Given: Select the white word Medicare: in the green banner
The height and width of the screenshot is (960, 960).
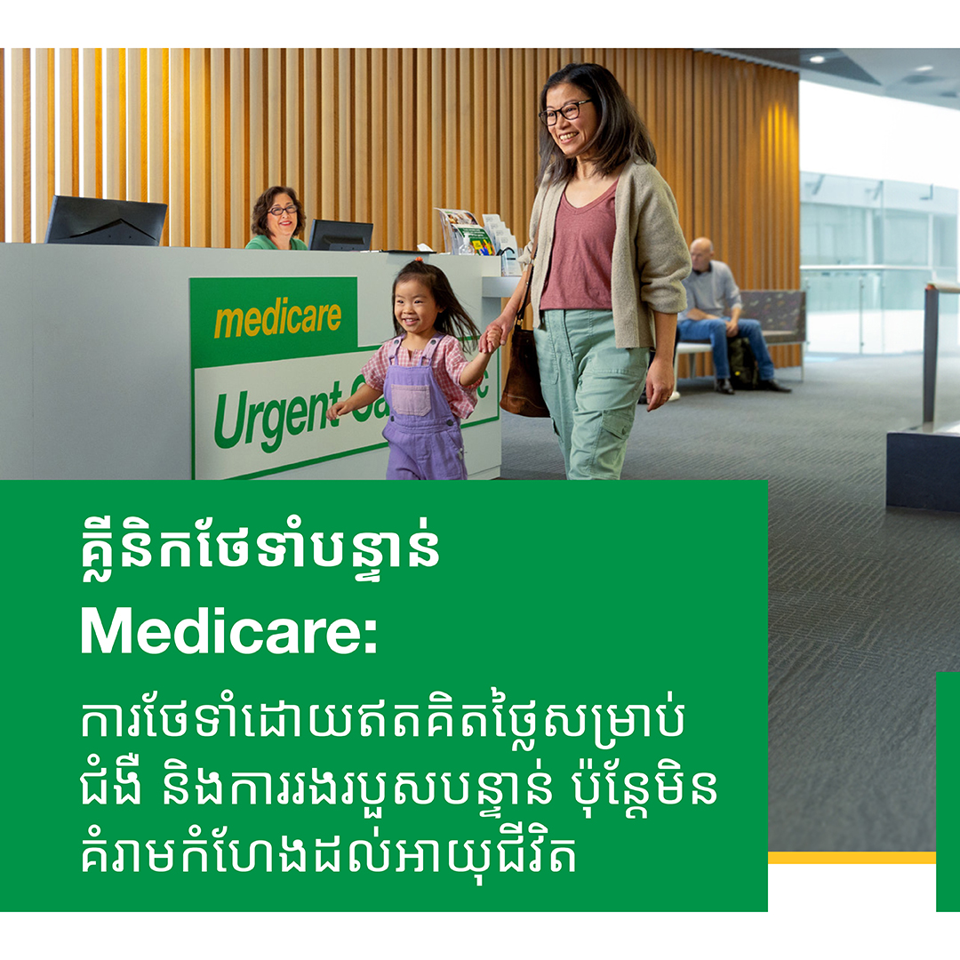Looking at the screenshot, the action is pyautogui.click(x=229, y=632).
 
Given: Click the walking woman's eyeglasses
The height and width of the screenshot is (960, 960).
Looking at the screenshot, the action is pyautogui.click(x=565, y=111).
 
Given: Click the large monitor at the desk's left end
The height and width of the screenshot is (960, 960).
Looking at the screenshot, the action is pyautogui.click(x=105, y=220).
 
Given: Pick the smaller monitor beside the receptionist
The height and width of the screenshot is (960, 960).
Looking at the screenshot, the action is pyautogui.click(x=340, y=235).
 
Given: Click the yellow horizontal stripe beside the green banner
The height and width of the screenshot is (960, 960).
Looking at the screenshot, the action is pyautogui.click(x=852, y=857).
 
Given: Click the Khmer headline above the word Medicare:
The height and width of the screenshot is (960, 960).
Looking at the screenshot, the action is pyautogui.click(x=260, y=547).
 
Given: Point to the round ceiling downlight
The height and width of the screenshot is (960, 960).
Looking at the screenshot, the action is pyautogui.click(x=817, y=59).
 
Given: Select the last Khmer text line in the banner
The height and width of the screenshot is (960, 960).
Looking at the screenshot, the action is pyautogui.click(x=329, y=852).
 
